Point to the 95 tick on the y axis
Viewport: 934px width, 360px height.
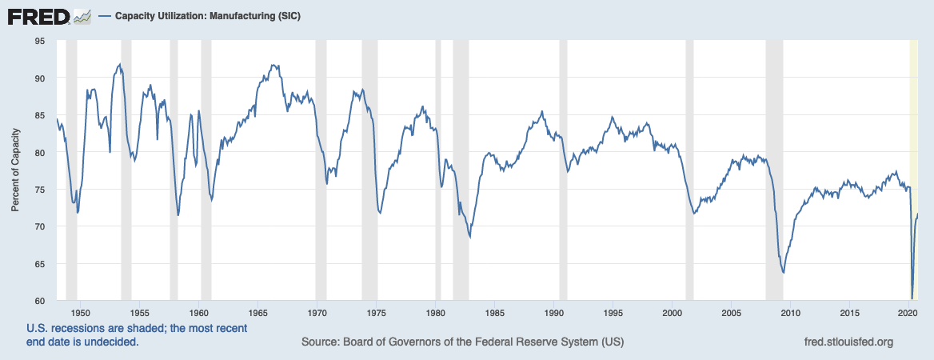coord(38,41)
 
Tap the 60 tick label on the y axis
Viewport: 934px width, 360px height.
coord(38,302)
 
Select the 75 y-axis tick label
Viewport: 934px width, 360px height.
coord(38,190)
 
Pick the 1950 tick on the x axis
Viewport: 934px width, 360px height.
coord(80,313)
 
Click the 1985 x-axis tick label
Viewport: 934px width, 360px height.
coord(494,313)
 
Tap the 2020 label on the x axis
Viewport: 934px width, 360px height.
coord(908,313)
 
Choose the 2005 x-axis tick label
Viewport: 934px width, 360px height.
coord(731,313)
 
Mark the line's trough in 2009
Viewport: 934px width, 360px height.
coord(783,273)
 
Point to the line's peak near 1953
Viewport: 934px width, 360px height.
coord(119,64)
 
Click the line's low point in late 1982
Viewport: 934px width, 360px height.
coord(470,238)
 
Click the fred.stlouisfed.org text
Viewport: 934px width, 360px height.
coord(847,342)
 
